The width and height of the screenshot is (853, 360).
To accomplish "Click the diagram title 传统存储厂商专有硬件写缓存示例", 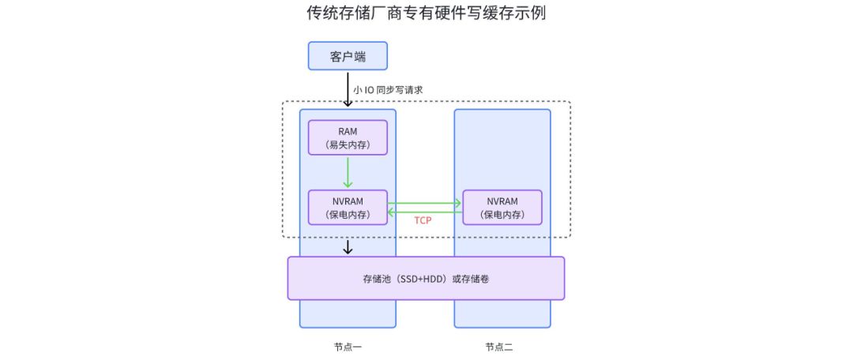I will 426,13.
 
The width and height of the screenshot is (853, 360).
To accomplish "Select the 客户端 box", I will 348,56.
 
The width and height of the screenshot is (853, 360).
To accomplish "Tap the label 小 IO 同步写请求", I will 388,90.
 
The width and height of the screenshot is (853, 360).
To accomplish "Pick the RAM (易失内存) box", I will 348,137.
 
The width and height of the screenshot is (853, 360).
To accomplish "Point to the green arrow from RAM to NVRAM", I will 348,171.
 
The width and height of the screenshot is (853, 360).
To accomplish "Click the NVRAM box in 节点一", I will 348,207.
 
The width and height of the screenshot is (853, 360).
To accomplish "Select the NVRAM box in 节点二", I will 502,207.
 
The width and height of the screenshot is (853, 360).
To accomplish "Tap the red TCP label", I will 423,220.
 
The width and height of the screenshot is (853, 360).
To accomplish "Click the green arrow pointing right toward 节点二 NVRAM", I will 424,203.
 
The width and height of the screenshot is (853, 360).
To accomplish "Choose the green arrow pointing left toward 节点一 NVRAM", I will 424,211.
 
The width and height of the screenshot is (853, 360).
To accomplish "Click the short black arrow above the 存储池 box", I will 348,247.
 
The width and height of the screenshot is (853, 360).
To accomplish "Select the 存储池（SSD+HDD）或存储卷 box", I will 426,278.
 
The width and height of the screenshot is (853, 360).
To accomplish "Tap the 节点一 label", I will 348,347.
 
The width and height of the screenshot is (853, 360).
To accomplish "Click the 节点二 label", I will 499,347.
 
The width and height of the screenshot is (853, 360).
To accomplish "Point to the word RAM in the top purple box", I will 348,130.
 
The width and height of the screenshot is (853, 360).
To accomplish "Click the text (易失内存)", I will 348,145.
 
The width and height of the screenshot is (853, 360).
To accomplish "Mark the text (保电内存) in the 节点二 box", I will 502,215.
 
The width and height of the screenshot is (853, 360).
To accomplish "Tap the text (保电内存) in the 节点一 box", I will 348,215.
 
